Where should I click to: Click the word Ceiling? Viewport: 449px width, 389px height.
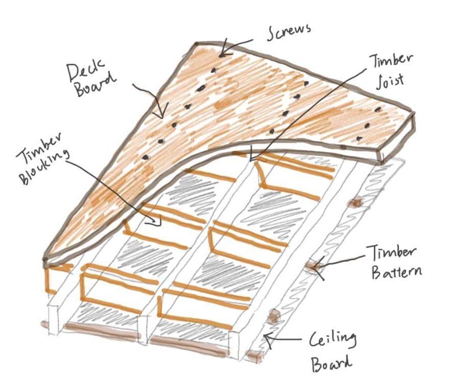(x=332, y=341)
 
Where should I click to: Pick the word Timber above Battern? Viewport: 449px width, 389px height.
(x=391, y=253)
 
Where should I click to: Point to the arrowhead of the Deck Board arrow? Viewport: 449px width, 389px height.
(x=163, y=116)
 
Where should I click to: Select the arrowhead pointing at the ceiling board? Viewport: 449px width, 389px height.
(x=266, y=337)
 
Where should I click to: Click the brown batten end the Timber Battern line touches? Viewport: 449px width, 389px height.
(x=312, y=266)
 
